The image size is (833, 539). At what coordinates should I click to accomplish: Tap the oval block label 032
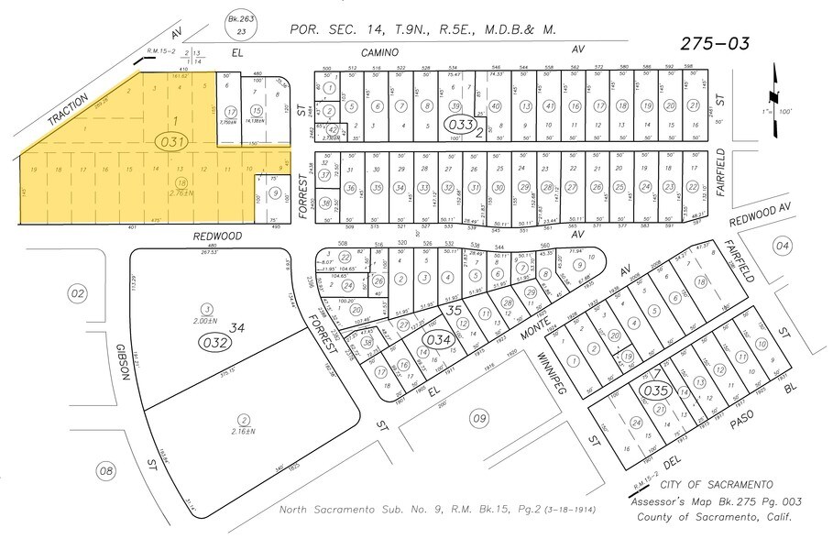pyautogui.click(x=214, y=343)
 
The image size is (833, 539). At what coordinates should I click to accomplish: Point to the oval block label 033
pyautogui.click(x=459, y=124)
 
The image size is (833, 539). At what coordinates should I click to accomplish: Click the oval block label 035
pyautogui.click(x=657, y=389)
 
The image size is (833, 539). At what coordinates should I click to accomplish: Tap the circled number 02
pyautogui.click(x=77, y=292)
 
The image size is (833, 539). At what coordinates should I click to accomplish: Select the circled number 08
pyautogui.click(x=107, y=470)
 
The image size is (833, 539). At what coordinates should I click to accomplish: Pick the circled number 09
pyautogui.click(x=478, y=419)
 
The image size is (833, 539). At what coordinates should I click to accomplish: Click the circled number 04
pyautogui.click(x=782, y=246)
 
